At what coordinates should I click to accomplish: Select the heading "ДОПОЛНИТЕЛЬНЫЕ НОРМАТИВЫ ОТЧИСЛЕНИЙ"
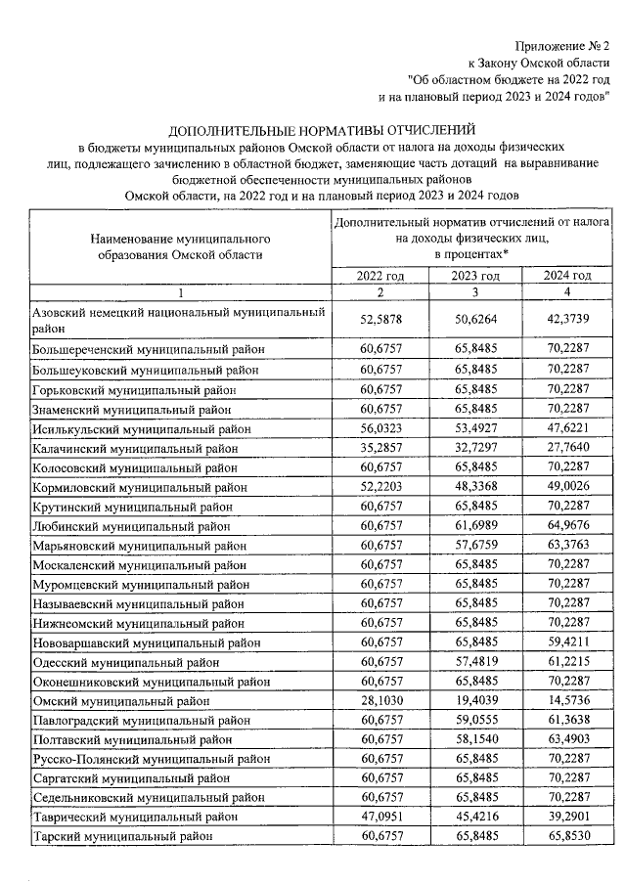[x=321, y=129]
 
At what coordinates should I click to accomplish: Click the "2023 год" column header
[x=476, y=276]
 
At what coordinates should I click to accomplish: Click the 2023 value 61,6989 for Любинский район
[x=476, y=526]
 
